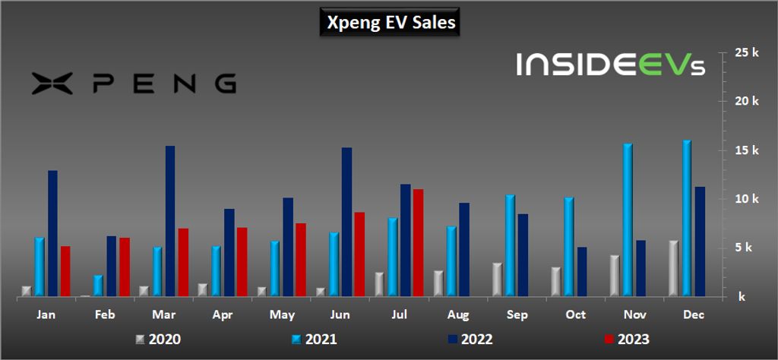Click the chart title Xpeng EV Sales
tap(391, 22)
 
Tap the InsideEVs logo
tap(611, 65)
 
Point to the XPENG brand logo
tap(134, 83)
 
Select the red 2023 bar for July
tap(418, 242)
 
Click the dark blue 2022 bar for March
tap(170, 221)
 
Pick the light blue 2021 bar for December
tap(687, 218)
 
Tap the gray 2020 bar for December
tap(673, 268)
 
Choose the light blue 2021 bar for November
tap(628, 219)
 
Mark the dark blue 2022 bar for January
tap(52, 233)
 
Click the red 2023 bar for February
tap(125, 267)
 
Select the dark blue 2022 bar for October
tap(582, 271)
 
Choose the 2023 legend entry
tap(626, 339)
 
